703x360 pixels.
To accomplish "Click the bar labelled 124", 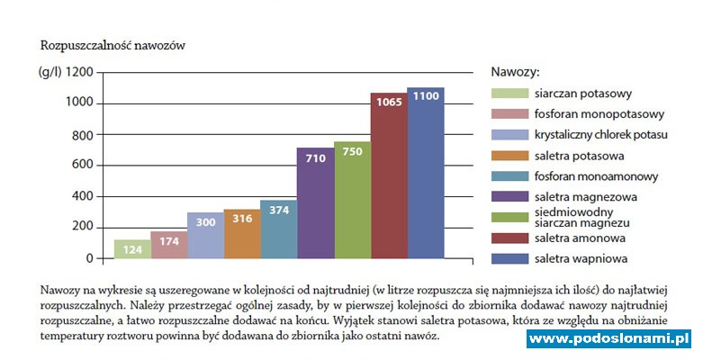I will pyautogui.click(x=132, y=249).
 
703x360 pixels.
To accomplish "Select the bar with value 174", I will pyautogui.click(x=169, y=245).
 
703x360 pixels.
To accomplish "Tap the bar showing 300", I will pyautogui.click(x=205, y=236).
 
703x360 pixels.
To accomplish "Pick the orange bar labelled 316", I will pyautogui.click(x=242, y=234).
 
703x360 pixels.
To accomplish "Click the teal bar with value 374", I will pyautogui.click(x=279, y=229).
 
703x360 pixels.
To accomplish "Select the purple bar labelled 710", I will pyautogui.click(x=315, y=203).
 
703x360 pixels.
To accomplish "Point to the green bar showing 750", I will pyautogui.click(x=352, y=200).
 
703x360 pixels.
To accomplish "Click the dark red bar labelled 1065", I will pyautogui.click(x=389, y=175).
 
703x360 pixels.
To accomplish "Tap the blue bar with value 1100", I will pyautogui.click(x=426, y=173).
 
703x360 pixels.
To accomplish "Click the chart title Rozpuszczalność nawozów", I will pyautogui.click(x=113, y=44).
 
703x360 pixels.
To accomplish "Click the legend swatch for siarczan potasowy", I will pyautogui.click(x=509, y=93).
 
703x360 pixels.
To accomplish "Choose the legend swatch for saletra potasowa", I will pyautogui.click(x=509, y=155).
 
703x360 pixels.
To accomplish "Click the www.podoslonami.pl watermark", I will pyautogui.click(x=608, y=338).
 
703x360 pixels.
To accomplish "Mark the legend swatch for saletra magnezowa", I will pyautogui.click(x=509, y=196).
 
